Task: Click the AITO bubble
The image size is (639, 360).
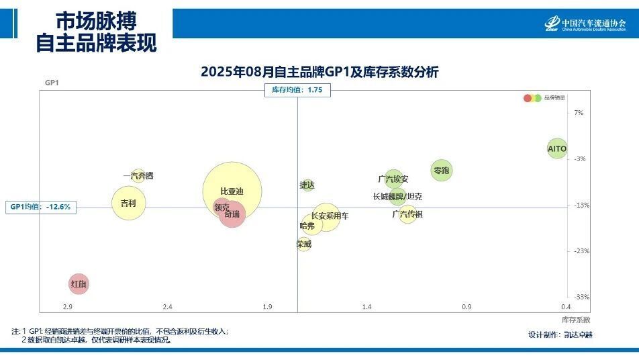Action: (557, 148)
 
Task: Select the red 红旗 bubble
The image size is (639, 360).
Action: (79, 284)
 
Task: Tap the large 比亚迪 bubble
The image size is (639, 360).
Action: (232, 191)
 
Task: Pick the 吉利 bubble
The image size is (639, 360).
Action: (128, 203)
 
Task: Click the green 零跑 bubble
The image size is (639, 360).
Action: (441, 170)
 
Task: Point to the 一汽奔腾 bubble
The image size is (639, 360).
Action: (138, 176)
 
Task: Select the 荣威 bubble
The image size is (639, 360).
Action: (304, 244)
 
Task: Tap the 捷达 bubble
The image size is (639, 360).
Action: (307, 185)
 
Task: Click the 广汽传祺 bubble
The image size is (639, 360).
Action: (407, 214)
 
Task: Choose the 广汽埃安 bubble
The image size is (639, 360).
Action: (393, 179)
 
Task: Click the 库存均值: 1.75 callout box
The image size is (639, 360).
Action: (297, 90)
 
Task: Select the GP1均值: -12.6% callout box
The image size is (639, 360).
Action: (40, 207)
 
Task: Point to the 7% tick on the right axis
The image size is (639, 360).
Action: (579, 113)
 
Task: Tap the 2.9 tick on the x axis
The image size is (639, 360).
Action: (67, 307)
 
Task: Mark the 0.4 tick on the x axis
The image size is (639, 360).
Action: (566, 307)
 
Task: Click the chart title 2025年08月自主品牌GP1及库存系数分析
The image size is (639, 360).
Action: (319, 72)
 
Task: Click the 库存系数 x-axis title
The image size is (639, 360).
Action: (575, 320)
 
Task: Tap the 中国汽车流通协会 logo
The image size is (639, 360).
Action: (585, 25)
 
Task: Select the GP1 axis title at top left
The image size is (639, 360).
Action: (52, 83)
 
